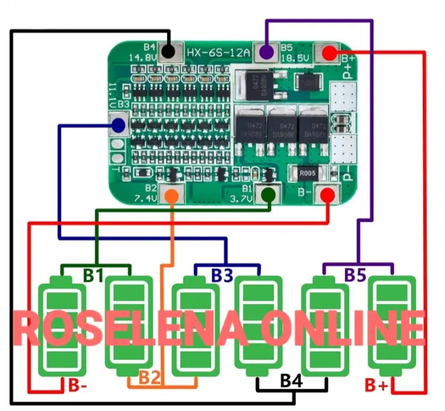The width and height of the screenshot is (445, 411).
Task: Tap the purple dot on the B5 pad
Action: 266,52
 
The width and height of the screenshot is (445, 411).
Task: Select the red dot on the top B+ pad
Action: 330,53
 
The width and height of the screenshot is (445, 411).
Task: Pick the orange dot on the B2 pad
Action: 172,194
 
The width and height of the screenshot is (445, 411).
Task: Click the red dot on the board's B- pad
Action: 328,195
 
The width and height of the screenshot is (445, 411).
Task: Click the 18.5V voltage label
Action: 295,57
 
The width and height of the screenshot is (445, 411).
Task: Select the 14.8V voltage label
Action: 141,57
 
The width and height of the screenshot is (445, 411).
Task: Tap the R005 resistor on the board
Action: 307,173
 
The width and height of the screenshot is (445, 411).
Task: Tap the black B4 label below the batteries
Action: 292,381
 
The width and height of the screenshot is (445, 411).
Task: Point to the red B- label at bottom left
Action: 78,387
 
